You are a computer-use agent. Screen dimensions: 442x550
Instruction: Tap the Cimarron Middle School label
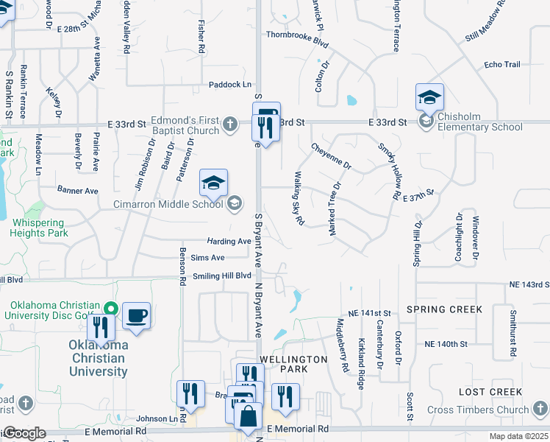coord(168,204)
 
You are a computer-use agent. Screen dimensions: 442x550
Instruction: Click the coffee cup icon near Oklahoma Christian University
coord(137,318)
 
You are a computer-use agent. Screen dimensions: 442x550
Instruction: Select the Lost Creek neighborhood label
coord(490,392)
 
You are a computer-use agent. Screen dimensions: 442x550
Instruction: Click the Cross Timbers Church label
coord(478,410)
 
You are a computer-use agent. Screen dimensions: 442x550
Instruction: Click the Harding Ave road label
coord(229,241)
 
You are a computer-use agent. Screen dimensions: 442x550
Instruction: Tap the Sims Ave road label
coord(207,257)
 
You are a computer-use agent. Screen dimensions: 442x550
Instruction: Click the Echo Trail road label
coord(502,65)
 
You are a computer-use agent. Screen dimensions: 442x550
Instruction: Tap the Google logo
coord(24,433)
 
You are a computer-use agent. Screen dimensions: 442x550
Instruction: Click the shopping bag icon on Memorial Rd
coord(249,416)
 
